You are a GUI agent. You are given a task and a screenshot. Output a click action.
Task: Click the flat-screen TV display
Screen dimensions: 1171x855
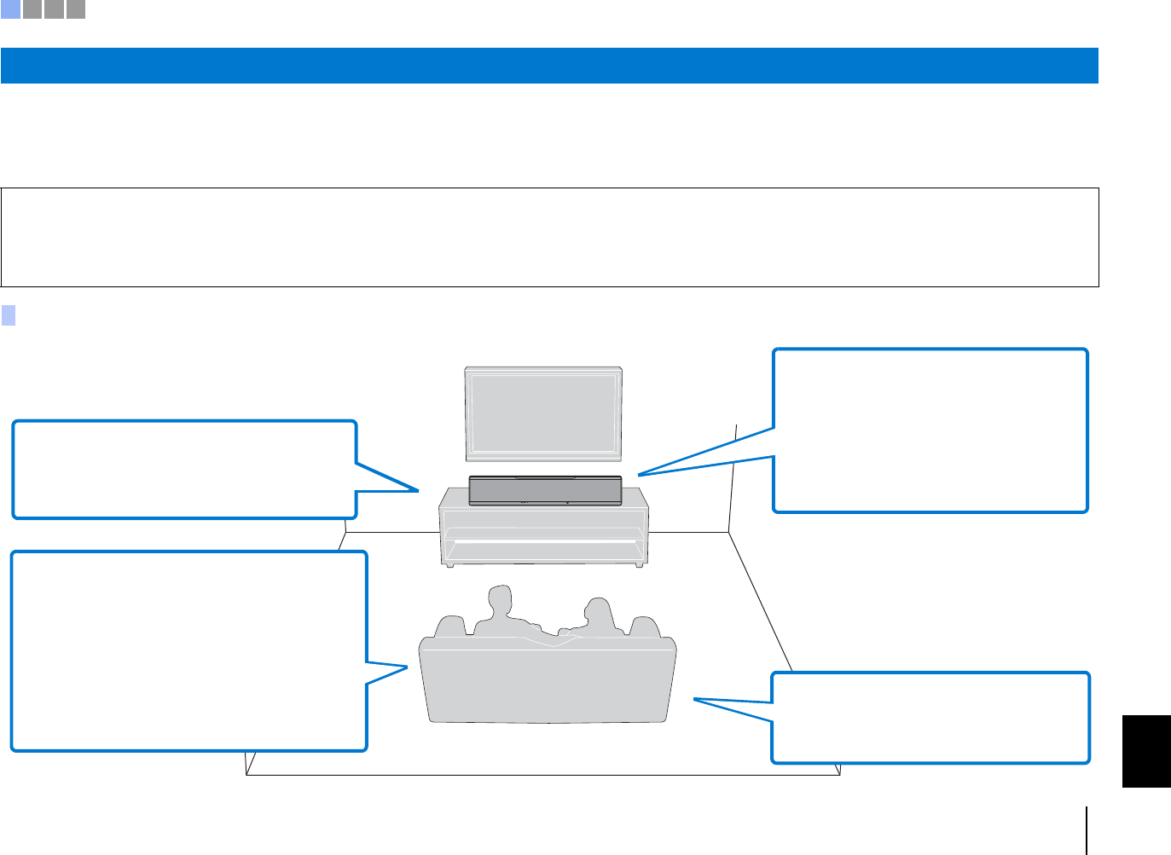[542, 414]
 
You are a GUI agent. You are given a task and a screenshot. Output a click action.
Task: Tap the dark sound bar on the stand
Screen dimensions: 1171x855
[545, 490]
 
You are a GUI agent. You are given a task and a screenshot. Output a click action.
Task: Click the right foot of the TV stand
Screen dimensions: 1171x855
[638, 563]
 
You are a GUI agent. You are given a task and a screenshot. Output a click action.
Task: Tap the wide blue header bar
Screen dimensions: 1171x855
[549, 66]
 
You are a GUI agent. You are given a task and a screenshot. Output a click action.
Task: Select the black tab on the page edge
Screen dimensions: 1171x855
[1146, 751]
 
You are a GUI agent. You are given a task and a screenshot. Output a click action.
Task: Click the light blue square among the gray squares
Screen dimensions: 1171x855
[10, 9]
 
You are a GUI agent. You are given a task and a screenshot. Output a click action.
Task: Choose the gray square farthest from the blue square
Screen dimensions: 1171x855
[76, 9]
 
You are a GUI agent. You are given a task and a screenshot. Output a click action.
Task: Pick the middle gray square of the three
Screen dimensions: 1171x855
[54, 9]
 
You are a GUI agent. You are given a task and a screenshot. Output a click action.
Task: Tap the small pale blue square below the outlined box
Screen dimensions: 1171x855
[9, 315]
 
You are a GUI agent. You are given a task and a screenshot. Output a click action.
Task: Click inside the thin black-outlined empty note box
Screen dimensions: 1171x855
[549, 237]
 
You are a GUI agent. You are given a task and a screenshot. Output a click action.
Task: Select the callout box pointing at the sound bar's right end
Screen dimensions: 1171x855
[930, 430]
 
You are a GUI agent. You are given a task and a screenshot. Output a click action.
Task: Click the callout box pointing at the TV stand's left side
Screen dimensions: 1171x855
[184, 469]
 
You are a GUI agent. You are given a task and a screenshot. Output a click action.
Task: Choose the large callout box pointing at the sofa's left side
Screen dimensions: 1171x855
[188, 651]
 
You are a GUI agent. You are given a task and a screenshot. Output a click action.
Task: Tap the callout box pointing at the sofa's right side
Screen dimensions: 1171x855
[930, 717]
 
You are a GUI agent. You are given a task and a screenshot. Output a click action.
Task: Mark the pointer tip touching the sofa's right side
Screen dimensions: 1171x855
[695, 699]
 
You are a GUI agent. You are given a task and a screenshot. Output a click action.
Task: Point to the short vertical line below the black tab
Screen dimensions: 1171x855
[1087, 830]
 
